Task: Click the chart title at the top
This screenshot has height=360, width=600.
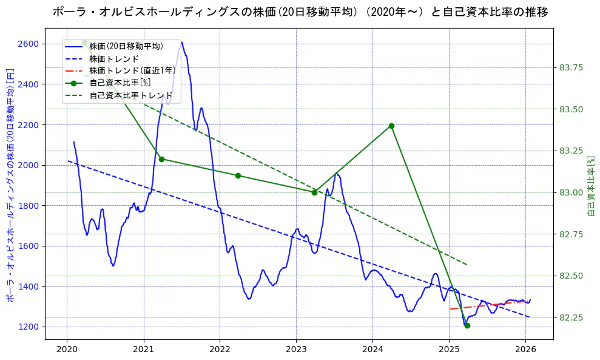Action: [300, 12]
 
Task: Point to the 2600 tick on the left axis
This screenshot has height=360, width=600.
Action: [29, 44]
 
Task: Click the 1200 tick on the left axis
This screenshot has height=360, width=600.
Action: [29, 327]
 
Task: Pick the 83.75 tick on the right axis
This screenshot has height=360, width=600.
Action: [570, 67]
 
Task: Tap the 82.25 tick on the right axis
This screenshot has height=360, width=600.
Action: [570, 318]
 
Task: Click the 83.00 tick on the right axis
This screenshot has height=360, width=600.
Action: [570, 192]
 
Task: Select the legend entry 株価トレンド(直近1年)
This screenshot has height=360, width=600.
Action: [132, 70]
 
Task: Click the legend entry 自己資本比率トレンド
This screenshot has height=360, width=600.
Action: [130, 95]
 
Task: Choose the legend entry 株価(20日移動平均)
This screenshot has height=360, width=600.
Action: [126, 46]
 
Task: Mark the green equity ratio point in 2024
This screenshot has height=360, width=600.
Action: [391, 126]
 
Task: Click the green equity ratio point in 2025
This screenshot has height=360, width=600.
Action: [467, 326]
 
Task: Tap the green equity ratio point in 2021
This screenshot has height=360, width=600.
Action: [161, 159]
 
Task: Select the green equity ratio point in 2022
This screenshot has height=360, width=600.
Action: [238, 175]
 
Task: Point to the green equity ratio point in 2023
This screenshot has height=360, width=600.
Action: [314, 192]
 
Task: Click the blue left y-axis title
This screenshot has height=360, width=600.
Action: [10, 185]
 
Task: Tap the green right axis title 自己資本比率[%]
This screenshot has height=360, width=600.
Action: [592, 185]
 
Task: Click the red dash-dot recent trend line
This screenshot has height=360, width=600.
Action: [485, 305]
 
